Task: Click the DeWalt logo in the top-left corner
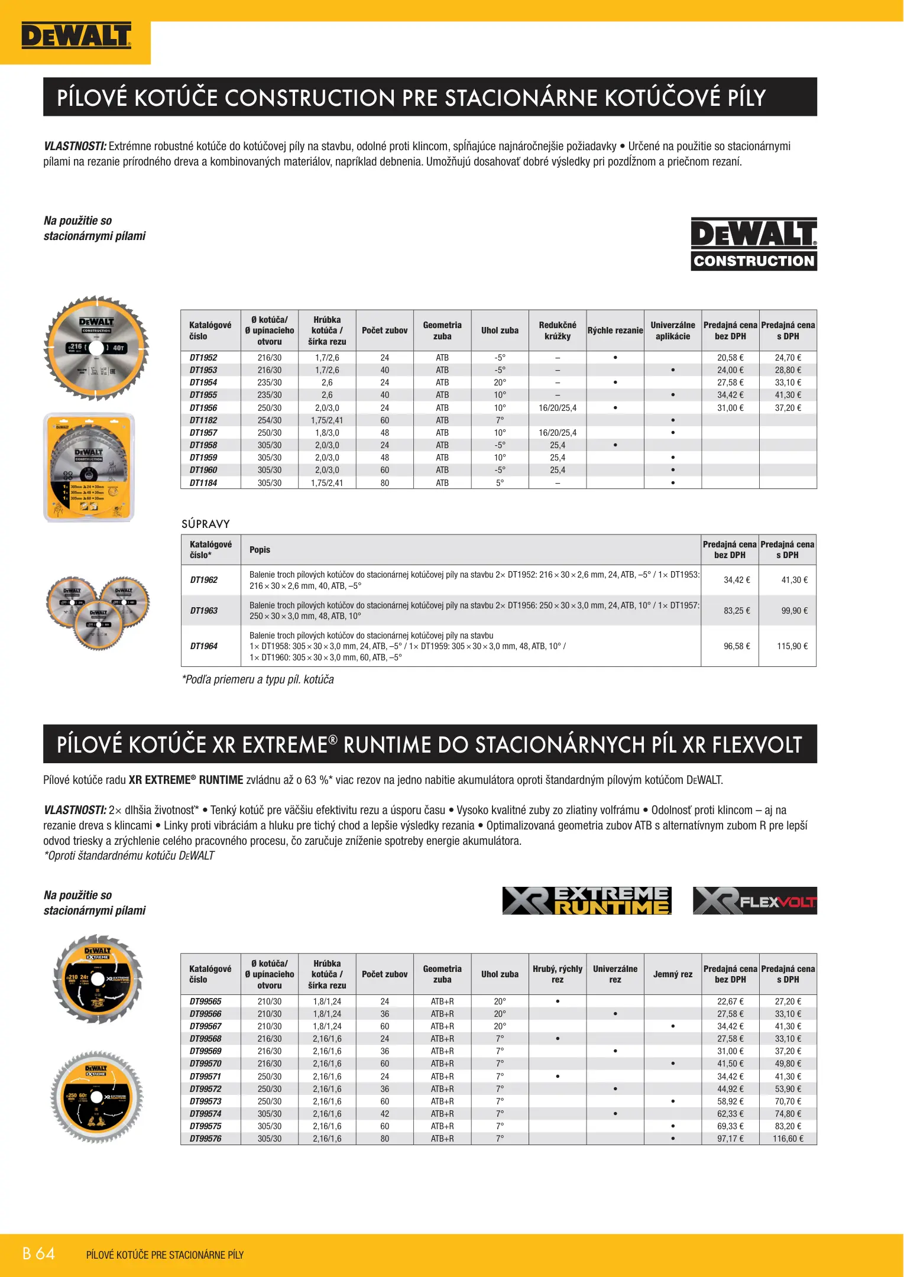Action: pyautogui.click(x=76, y=35)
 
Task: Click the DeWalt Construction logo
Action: pyautogui.click(x=754, y=244)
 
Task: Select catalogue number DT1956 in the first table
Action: pyautogui.click(x=203, y=408)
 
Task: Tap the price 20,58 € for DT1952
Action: pyautogui.click(x=730, y=358)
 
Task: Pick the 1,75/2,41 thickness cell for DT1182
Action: pyautogui.click(x=327, y=420)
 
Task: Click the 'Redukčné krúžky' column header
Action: pyautogui.click(x=558, y=330)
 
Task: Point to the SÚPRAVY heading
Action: pyautogui.click(x=206, y=524)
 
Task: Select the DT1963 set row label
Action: pyautogui.click(x=204, y=611)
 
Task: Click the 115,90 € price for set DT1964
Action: pyautogui.click(x=792, y=646)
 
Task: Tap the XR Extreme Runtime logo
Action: pyautogui.click(x=587, y=900)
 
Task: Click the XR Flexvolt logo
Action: pyautogui.click(x=754, y=900)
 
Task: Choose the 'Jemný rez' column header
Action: pyautogui.click(x=673, y=974)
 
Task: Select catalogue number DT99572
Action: pyautogui.click(x=206, y=1089)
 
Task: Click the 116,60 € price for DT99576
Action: pyautogui.click(x=788, y=1139)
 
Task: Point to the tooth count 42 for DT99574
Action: pyautogui.click(x=385, y=1114)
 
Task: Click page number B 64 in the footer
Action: pyautogui.click(x=38, y=1254)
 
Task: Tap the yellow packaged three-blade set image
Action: pyautogui.click(x=89, y=467)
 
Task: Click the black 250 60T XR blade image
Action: pyautogui.click(x=97, y=1098)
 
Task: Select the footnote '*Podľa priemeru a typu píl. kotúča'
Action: pyautogui.click(x=258, y=680)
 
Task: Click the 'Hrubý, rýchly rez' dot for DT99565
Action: pyautogui.click(x=558, y=1001)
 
